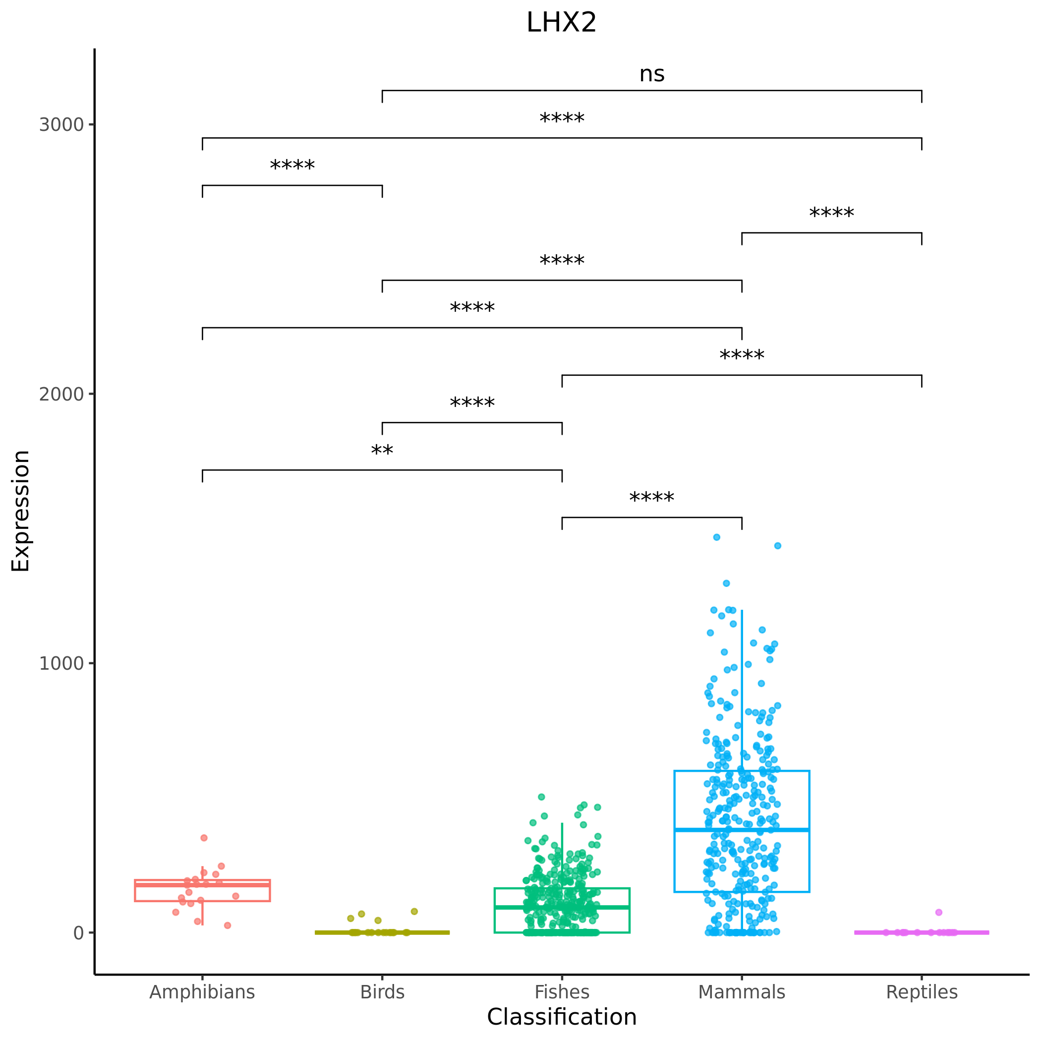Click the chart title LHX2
tap(562, 23)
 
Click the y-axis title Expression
tap(20, 511)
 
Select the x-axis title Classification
tap(562, 1017)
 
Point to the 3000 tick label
tap(61, 124)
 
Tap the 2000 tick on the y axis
tap(61, 394)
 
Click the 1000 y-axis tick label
tap(61, 663)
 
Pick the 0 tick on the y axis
tap(79, 933)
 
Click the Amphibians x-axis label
tap(202, 992)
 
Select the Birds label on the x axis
tap(382, 992)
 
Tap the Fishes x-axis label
tap(562, 992)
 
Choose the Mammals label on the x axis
tap(742, 992)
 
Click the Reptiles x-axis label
tap(922, 992)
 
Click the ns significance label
tap(651, 74)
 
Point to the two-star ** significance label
tap(382, 451)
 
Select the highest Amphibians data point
tap(204, 838)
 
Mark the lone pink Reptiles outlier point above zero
tap(938, 912)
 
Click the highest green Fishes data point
tap(541, 797)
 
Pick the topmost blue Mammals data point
tap(717, 537)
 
